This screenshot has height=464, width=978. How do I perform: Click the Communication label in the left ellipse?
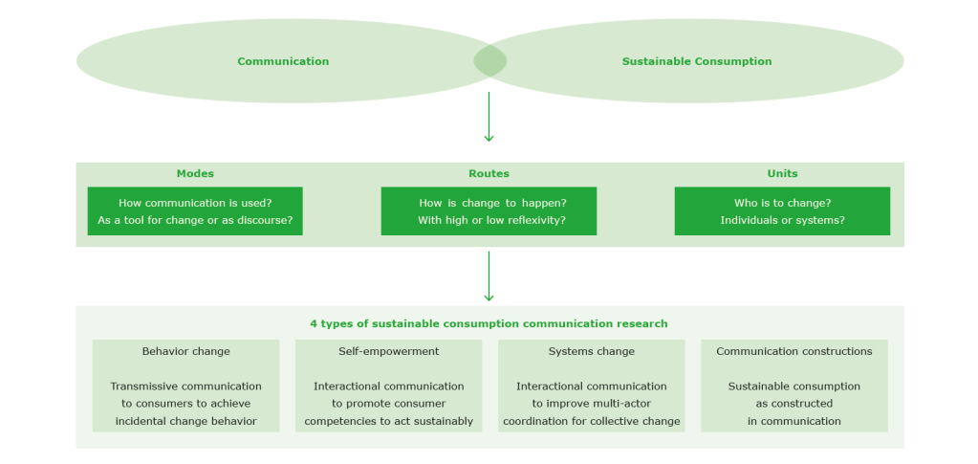coord(283,61)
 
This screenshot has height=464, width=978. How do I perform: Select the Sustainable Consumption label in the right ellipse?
coord(697,61)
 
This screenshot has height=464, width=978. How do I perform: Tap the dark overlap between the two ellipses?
coord(490,61)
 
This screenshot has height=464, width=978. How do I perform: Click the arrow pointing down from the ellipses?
coord(489,118)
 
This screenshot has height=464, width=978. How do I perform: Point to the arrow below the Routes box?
coord(489,276)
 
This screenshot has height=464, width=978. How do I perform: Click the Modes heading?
coord(195,174)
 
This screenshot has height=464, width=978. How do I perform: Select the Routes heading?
coord(489,174)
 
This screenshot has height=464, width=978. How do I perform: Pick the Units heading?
coord(782,174)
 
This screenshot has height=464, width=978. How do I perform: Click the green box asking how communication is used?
coord(195,211)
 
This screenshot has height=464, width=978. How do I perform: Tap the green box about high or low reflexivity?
coord(489,211)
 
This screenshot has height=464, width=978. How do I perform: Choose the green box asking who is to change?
coord(782,211)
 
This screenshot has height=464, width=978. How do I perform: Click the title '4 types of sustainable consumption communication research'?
coord(489,323)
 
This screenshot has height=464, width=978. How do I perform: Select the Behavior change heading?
coord(185,351)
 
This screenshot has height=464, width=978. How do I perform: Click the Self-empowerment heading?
coord(389,351)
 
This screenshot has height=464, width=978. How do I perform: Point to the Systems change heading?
coord(592,351)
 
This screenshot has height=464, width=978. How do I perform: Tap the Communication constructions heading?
coord(794,351)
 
